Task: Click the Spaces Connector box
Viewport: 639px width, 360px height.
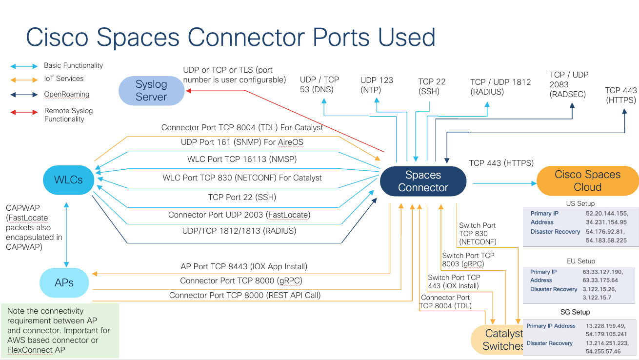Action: click(423, 181)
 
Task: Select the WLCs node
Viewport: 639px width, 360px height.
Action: click(68, 180)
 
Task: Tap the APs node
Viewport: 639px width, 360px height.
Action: click(64, 282)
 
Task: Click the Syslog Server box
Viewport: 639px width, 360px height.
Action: click(151, 91)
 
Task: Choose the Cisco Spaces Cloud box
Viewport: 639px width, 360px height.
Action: click(587, 181)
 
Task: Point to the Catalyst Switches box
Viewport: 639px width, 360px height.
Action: click(498, 340)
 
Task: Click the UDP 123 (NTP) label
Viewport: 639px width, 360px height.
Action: click(377, 85)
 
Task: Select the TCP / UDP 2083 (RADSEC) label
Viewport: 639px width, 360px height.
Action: click(569, 84)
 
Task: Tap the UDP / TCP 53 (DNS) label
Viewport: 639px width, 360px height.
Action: click(319, 84)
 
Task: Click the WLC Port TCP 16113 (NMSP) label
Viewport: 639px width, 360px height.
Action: click(242, 160)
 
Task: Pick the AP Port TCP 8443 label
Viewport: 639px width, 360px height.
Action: click(244, 267)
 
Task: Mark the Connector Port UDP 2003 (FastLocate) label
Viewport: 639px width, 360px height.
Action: click(239, 215)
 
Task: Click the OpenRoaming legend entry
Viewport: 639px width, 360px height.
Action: click(66, 95)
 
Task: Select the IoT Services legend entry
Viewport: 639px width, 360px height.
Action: click(63, 79)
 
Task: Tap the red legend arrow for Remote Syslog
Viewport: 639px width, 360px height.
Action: click(24, 112)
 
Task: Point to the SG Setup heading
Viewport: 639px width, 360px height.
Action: click(575, 312)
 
